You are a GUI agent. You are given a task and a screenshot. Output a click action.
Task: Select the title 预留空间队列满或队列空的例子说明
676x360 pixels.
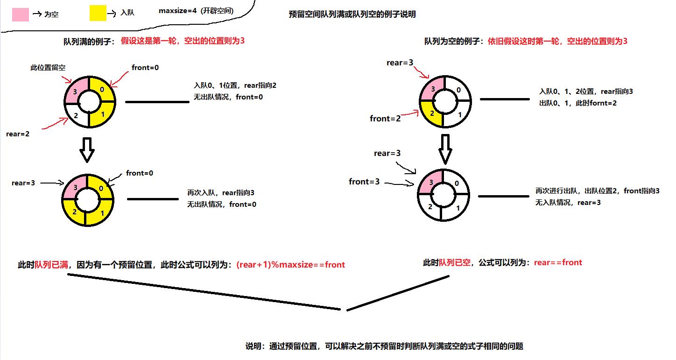[352, 14]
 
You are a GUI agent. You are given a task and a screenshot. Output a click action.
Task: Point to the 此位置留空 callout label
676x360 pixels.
[48, 68]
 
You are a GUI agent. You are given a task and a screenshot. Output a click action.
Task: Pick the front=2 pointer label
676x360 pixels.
[385, 119]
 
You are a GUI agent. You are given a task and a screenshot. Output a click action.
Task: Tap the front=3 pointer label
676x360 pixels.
[364, 182]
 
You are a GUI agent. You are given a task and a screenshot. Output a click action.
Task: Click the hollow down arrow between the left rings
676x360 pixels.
[87, 149]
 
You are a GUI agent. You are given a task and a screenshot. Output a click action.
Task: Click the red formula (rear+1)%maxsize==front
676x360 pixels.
[290, 265]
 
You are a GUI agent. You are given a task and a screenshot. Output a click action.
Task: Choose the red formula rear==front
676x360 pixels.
[558, 262]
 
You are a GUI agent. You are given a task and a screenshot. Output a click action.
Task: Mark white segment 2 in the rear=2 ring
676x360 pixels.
[74, 115]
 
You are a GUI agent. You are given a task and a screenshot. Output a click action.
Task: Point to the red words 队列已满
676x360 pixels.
[51, 265]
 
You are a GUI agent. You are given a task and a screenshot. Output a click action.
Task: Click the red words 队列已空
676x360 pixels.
[455, 262]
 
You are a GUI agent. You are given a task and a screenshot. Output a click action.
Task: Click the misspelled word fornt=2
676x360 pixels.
[603, 103]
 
